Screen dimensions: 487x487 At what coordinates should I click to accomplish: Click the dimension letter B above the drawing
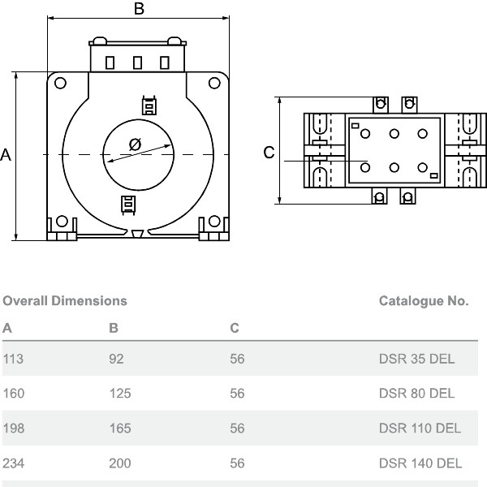[139, 9]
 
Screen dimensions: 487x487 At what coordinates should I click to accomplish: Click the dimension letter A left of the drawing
[6, 155]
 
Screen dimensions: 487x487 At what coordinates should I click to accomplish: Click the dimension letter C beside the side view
[269, 153]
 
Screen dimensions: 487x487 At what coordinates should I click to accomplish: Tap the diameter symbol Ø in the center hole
[135, 144]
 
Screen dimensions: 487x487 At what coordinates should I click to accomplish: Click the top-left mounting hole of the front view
[60, 82]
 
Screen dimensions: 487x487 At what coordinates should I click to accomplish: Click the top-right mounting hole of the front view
[214, 82]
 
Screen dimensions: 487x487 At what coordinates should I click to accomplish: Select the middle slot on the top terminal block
[137, 62]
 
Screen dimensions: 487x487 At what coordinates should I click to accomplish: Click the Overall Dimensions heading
[65, 301]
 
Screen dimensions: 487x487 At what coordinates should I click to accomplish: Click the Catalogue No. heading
[424, 301]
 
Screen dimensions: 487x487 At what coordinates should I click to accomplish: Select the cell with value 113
[13, 359]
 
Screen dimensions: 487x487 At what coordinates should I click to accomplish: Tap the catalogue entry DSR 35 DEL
[417, 359]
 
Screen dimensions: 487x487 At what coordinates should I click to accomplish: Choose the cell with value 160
[14, 394]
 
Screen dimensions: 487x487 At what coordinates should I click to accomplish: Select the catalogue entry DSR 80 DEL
[417, 394]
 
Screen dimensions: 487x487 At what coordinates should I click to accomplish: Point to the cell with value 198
[14, 429]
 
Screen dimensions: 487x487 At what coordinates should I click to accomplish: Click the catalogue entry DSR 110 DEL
[420, 429]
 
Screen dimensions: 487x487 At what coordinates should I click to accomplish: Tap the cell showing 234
[14, 463]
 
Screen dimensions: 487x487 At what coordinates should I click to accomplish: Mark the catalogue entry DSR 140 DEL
[420, 463]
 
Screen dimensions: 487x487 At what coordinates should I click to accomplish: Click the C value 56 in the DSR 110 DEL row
[237, 429]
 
